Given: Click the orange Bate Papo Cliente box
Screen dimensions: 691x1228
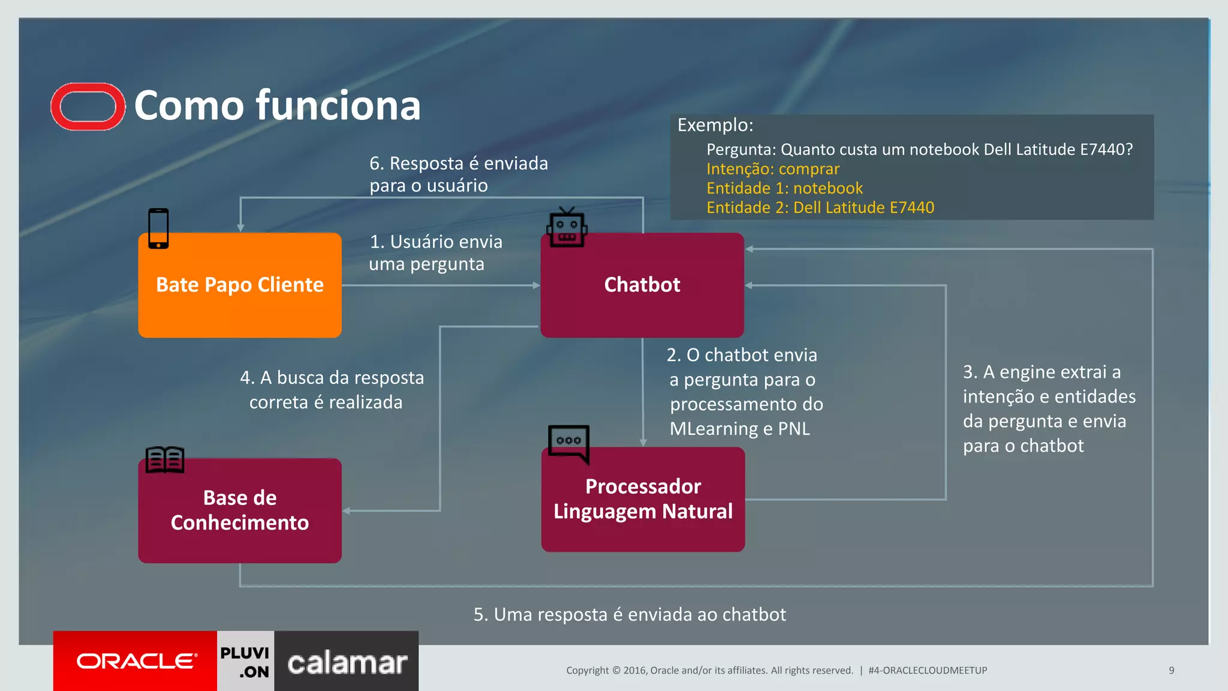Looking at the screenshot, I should pyautogui.click(x=240, y=285).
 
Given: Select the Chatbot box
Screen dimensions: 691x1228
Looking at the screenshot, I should pyautogui.click(x=642, y=285).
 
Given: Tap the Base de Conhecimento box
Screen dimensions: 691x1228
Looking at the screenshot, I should pyautogui.click(x=240, y=510).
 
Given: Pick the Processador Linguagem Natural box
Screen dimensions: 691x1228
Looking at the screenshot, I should pyautogui.click(x=643, y=499).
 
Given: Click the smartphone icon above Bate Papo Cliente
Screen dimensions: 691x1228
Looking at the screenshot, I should pyautogui.click(x=158, y=229).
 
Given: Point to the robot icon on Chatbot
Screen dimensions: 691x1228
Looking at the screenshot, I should pyautogui.click(x=567, y=227).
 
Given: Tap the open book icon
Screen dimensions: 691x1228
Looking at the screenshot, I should pyautogui.click(x=165, y=460).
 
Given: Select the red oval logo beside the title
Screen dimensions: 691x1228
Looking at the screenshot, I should pyautogui.click(x=88, y=107).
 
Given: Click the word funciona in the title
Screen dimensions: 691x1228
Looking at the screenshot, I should pyautogui.click(x=338, y=106).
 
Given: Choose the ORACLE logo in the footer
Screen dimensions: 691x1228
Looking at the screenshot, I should pyautogui.click(x=136, y=661).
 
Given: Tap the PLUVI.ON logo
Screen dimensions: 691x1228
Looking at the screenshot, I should pyautogui.click(x=245, y=662).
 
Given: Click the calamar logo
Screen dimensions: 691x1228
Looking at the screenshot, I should pyautogui.click(x=347, y=663).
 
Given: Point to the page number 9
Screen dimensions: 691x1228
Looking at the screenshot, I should pyautogui.click(x=1171, y=670).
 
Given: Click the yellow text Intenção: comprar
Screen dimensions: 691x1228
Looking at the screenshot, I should pyautogui.click(x=772, y=169).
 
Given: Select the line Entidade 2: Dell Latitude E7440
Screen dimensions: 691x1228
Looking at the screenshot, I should pyautogui.click(x=820, y=208).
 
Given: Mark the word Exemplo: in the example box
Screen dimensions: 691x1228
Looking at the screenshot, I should pyautogui.click(x=715, y=125).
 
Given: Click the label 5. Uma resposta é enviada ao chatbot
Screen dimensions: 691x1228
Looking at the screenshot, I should pyautogui.click(x=629, y=614).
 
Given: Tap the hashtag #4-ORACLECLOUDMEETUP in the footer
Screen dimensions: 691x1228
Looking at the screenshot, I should pyautogui.click(x=927, y=670).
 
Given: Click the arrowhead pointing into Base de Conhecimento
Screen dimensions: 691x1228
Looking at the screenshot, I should pyautogui.click(x=347, y=511).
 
